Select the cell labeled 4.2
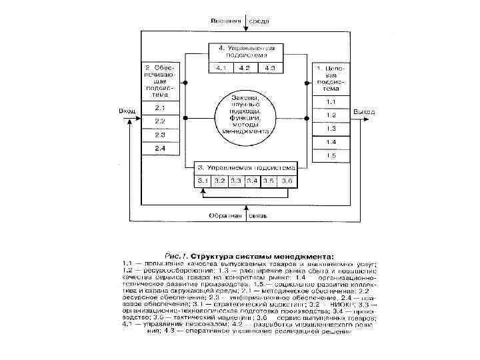click(x=245, y=68)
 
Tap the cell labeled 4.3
click(x=270, y=68)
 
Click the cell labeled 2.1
click(x=160, y=108)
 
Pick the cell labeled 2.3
click(x=160, y=134)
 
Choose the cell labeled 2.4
click(x=160, y=147)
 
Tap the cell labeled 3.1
click(x=203, y=181)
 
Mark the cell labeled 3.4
click(x=252, y=181)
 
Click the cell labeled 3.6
click(x=285, y=181)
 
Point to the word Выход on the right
click(x=365, y=111)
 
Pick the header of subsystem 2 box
click(x=160, y=81)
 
